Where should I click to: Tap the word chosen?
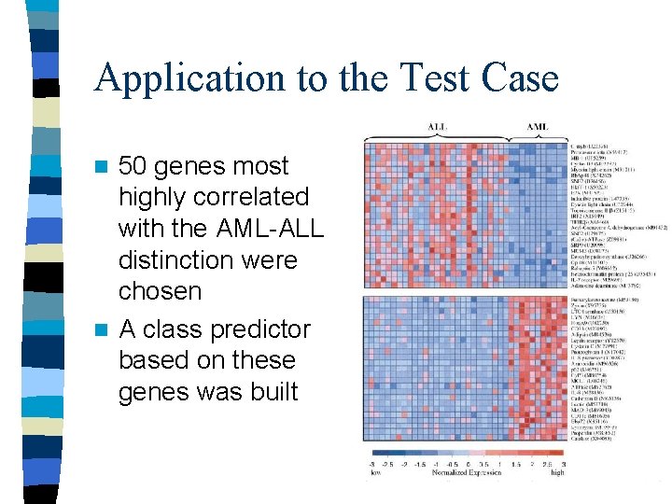click(x=160, y=291)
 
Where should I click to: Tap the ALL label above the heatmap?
click(x=437, y=126)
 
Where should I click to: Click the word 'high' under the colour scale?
click(x=558, y=473)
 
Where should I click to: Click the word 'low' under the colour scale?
click(x=375, y=473)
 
